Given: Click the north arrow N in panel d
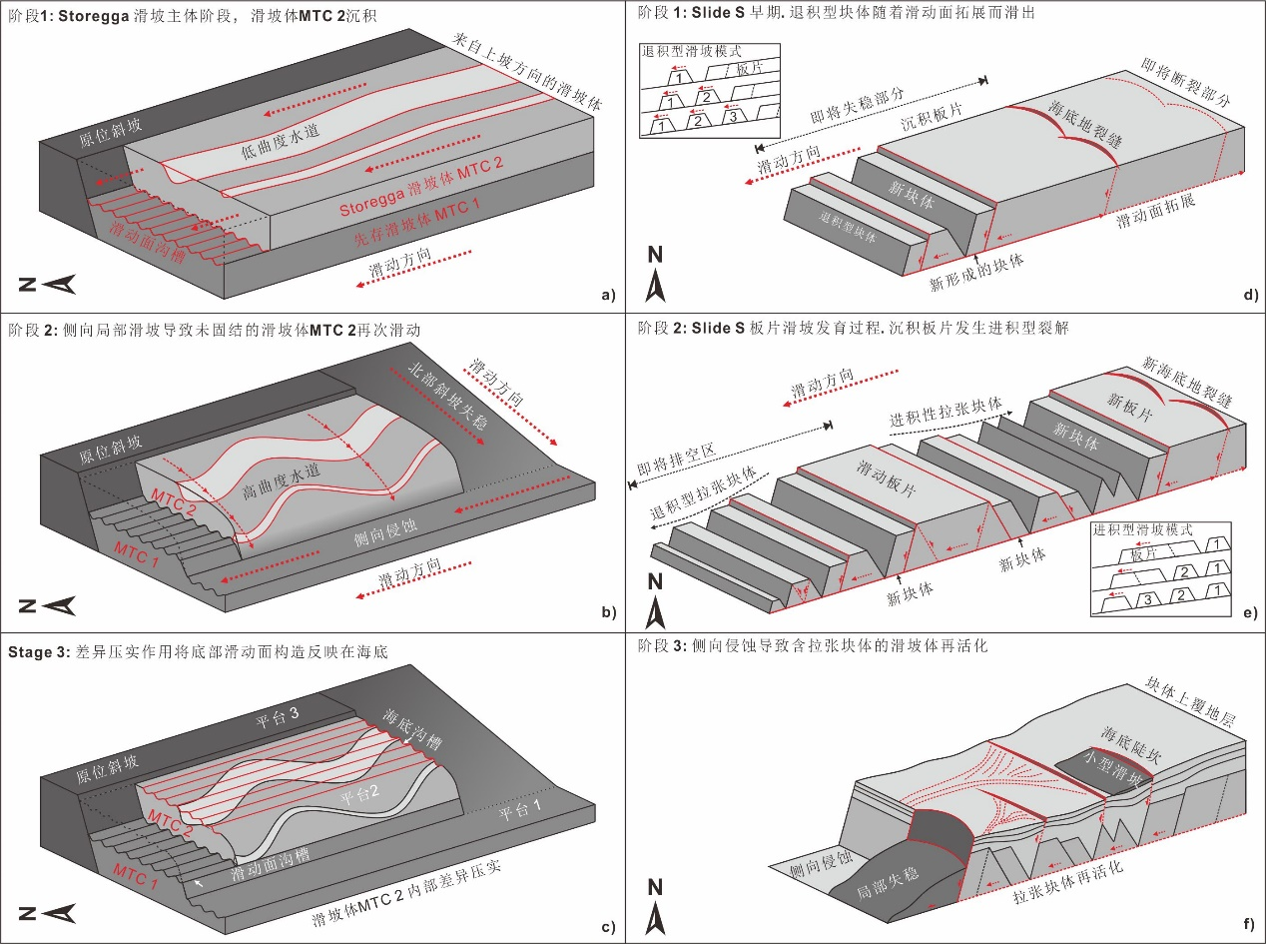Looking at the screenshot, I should click(x=655, y=272).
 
